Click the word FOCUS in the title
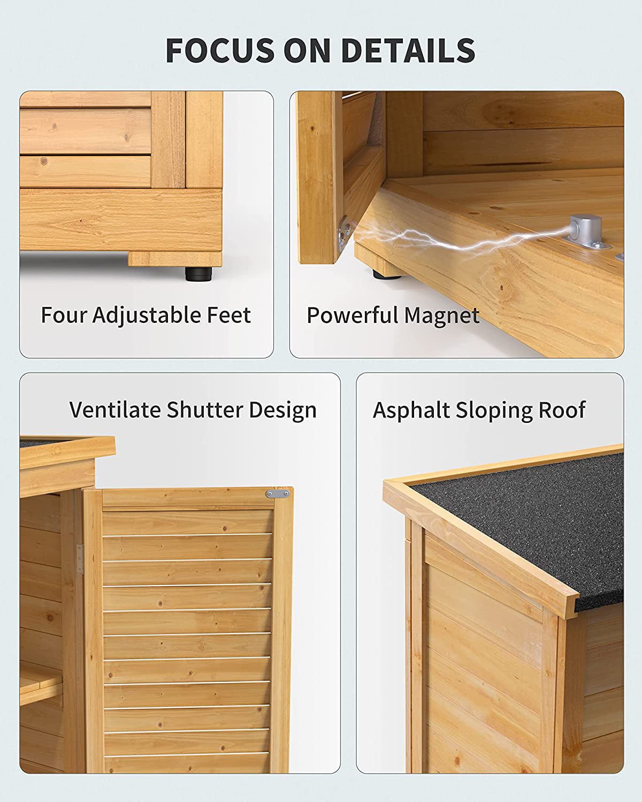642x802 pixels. [220, 50]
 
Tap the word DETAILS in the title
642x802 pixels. [408, 50]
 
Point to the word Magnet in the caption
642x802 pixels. [441, 316]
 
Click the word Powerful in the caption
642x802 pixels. [352, 315]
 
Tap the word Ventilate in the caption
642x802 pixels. [115, 410]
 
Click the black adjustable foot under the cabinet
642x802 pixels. [198, 273]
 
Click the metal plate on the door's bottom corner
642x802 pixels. [345, 233]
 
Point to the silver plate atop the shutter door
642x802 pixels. [278, 494]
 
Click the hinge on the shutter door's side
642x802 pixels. [80, 559]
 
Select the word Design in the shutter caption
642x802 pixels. [283, 410]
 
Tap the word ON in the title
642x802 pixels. [308, 50]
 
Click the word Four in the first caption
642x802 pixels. [64, 315]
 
